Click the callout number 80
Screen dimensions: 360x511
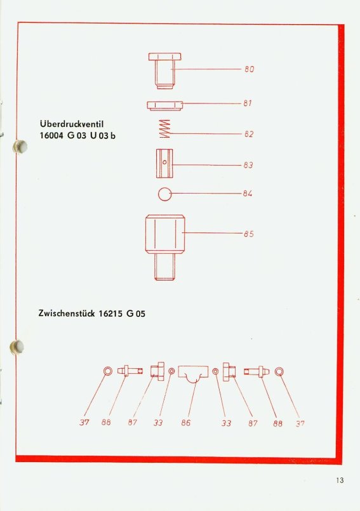click(249, 69)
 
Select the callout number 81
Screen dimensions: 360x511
click(248, 103)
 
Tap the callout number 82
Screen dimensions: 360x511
click(248, 134)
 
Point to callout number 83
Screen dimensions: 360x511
click(248, 165)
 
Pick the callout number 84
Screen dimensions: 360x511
click(248, 194)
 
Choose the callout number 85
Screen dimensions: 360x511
click(248, 234)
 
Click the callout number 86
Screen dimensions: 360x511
click(186, 423)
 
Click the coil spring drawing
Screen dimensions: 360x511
click(164, 129)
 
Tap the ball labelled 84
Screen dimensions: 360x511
click(164, 194)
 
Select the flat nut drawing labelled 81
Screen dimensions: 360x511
click(164, 106)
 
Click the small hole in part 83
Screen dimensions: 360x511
click(164, 162)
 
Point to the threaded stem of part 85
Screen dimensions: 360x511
click(164, 267)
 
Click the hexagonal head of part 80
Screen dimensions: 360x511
click(164, 56)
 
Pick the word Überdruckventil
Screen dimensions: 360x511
click(72, 124)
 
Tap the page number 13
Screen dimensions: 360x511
click(340, 480)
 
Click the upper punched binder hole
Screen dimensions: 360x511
click(20, 147)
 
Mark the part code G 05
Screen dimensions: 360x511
click(136, 314)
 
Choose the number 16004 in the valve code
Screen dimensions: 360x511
click(51, 135)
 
